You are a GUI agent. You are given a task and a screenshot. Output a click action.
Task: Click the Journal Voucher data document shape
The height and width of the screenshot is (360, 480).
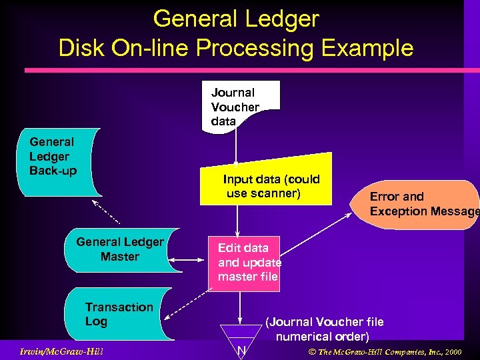tap(239, 105)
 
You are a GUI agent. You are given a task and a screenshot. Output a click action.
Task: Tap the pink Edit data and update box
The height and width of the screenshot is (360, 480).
tap(244, 263)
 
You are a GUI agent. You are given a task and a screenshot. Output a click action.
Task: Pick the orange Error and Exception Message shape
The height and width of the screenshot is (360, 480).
tap(420, 204)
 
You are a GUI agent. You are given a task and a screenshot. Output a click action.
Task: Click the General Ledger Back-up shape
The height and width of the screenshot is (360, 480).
tap(59, 161)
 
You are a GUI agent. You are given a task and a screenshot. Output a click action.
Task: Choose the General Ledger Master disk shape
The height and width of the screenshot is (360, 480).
tap(119, 250)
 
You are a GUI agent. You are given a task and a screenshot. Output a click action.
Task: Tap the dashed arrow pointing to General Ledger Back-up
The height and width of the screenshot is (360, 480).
tap(105, 211)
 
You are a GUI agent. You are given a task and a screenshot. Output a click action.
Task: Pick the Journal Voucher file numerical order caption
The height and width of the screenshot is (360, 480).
tap(324, 329)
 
